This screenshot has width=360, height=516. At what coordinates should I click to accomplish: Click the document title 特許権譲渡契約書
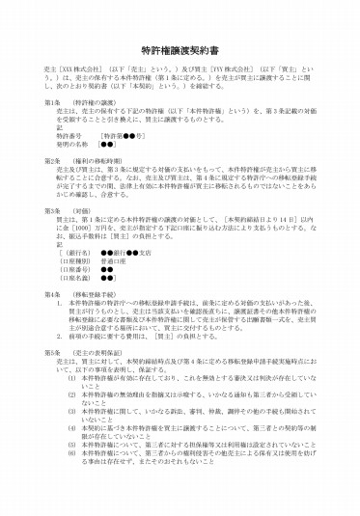pos(180,48)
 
